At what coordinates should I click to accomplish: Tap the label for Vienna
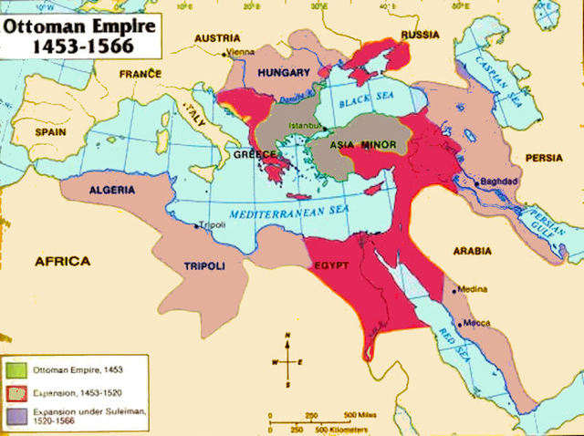[x=240, y=52]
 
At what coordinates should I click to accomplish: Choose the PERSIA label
[x=545, y=158]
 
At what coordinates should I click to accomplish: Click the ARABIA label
[x=471, y=250]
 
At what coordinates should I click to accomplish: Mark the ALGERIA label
[x=112, y=191]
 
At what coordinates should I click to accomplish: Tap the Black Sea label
[x=363, y=103]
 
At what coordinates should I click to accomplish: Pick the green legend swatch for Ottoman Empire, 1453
[x=16, y=369]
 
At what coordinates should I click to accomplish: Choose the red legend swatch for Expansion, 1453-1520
[x=16, y=392]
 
